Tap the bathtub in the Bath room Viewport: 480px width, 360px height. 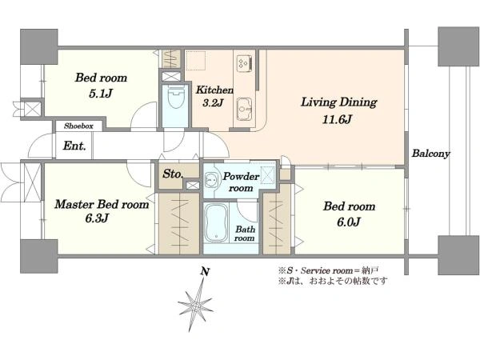216,223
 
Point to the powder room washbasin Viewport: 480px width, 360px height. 210,179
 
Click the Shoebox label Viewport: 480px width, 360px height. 78,126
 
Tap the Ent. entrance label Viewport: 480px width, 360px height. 74,146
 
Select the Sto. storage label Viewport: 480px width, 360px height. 173,174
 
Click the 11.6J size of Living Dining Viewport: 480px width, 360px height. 337,118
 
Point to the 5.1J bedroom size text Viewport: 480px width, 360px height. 101,93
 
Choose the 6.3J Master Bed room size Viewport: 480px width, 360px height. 97,218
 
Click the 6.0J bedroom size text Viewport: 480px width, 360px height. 348,222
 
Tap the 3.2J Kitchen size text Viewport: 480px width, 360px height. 213,102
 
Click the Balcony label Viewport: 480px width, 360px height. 430,153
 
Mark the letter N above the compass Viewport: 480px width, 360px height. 205,271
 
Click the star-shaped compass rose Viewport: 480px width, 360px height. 195,306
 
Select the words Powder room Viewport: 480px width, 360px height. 242,182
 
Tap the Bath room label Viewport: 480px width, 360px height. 245,234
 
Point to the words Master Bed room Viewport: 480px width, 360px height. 102,204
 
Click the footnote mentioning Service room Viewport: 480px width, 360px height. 329,270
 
